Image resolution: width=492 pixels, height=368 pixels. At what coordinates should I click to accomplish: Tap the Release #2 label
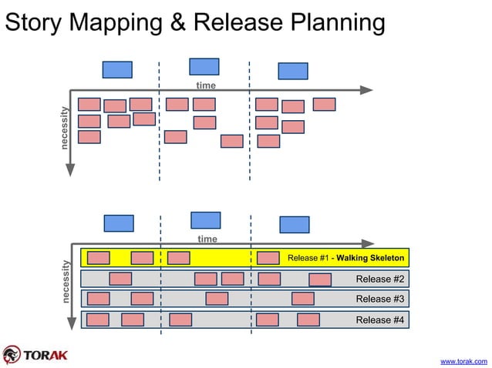[x=379, y=279]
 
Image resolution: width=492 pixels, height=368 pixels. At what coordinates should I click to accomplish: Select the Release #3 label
[x=379, y=299]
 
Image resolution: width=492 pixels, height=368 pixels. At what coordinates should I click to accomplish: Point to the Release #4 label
[x=379, y=319]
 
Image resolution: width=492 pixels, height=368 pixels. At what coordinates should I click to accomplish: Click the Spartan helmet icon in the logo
[x=12, y=354]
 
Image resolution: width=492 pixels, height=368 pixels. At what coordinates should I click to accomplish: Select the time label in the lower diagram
[x=207, y=239]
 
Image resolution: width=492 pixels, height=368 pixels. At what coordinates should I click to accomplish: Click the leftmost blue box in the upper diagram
[x=117, y=69]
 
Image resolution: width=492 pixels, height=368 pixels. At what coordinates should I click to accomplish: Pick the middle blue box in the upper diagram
[x=204, y=66]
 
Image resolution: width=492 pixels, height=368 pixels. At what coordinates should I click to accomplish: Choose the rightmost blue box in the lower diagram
[x=294, y=225]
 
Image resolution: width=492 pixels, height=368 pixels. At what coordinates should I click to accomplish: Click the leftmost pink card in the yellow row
[x=99, y=258]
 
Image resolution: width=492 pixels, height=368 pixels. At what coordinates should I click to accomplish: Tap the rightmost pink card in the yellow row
[x=268, y=258]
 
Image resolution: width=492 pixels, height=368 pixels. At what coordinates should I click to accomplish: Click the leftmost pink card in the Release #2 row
[x=120, y=279]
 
